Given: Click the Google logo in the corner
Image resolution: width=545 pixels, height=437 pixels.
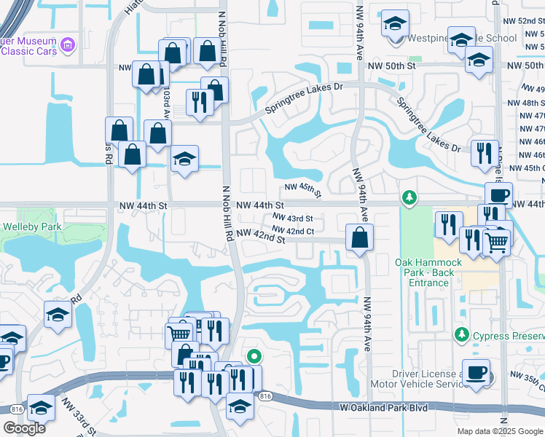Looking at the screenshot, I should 23,428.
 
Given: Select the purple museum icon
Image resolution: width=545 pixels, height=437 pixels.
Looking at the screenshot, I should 68,46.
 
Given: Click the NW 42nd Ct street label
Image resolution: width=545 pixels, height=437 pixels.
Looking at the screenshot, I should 293,231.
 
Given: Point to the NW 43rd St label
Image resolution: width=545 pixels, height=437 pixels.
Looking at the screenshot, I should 293,219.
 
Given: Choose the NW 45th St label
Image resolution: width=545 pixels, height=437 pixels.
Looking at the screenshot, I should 303,190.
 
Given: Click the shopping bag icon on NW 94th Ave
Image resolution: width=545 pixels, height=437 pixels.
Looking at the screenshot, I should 360,237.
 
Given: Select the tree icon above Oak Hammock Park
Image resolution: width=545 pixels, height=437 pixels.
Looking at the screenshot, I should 409,197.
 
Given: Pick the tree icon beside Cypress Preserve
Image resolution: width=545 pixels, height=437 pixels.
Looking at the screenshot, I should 461,335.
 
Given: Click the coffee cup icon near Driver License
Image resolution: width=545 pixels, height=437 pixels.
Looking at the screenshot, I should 477,371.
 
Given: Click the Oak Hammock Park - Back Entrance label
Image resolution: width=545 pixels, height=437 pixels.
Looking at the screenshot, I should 425,272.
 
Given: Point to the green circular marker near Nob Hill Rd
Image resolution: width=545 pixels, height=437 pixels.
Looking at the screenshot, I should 254,356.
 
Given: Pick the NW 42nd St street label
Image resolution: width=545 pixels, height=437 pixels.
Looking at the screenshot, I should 260,236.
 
